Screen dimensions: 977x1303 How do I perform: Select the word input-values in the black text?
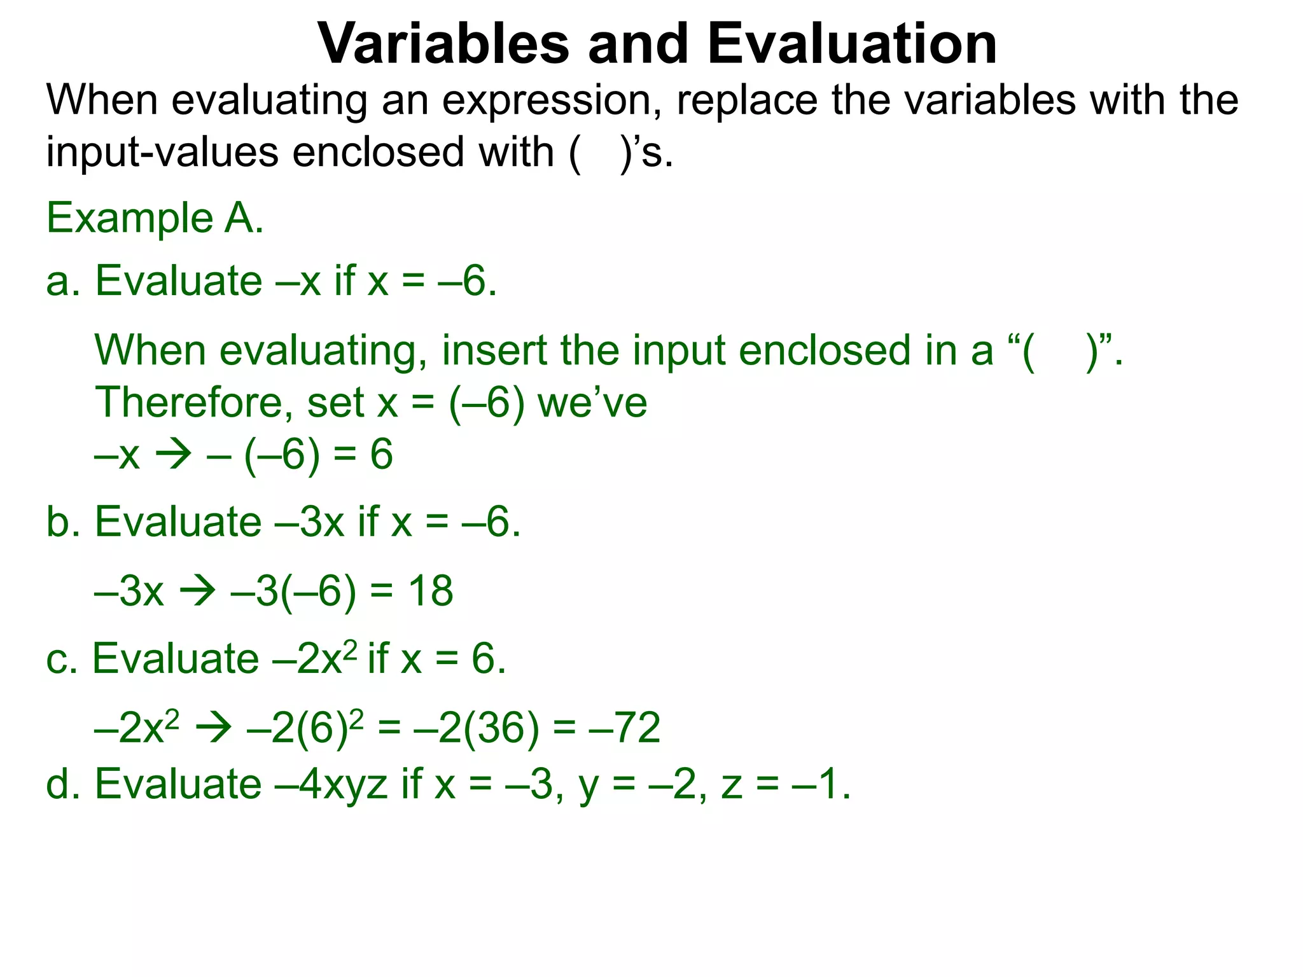(x=162, y=153)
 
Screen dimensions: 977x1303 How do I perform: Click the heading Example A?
(x=155, y=218)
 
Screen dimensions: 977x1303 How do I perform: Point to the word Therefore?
(x=193, y=403)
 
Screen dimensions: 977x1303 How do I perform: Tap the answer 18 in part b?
(x=431, y=591)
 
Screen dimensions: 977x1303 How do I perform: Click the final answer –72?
(x=625, y=728)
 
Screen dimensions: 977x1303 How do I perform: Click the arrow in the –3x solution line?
(x=197, y=592)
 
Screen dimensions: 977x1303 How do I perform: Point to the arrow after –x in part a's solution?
(x=173, y=455)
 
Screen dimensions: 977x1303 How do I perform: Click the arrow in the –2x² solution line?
(x=213, y=728)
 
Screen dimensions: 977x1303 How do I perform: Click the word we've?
(x=592, y=403)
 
